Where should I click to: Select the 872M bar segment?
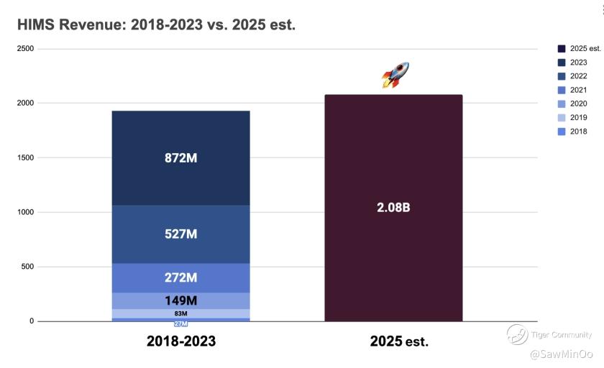point(180,158)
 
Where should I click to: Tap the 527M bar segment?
point(180,234)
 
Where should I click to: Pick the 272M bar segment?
point(180,277)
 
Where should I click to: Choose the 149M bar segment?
point(180,301)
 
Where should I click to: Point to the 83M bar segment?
point(180,313)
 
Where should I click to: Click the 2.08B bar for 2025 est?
point(393,208)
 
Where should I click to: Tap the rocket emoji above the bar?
point(395,75)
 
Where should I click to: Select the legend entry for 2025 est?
point(579,49)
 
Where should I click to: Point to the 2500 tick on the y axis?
point(26,49)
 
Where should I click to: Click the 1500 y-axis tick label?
point(26,157)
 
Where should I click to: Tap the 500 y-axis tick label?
point(27,267)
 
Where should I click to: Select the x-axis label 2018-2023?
point(180,341)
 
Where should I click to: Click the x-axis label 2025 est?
point(399,341)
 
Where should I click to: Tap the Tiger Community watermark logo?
point(517,334)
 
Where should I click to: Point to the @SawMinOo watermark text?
point(561,354)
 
